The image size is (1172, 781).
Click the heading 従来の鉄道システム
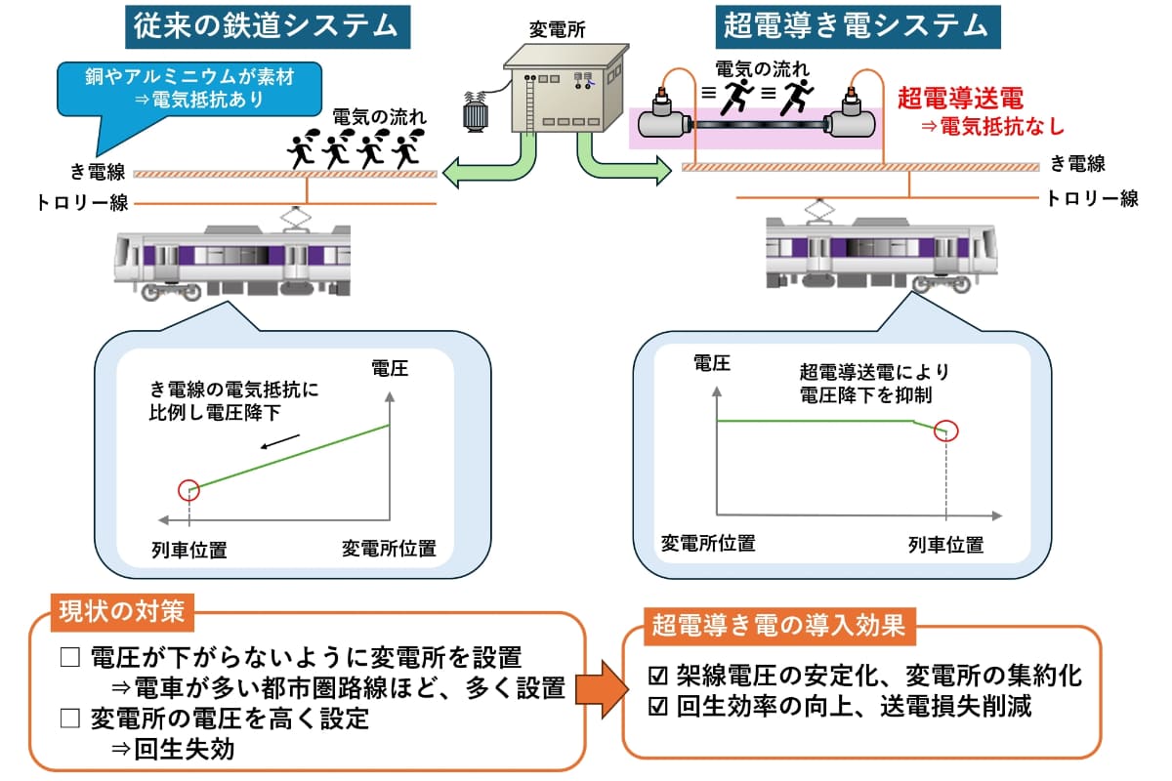267,26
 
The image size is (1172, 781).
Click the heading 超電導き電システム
856,26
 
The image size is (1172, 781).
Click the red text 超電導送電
959,97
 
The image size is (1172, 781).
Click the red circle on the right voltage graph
944,430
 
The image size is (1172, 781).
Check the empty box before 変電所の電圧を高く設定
69,719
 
